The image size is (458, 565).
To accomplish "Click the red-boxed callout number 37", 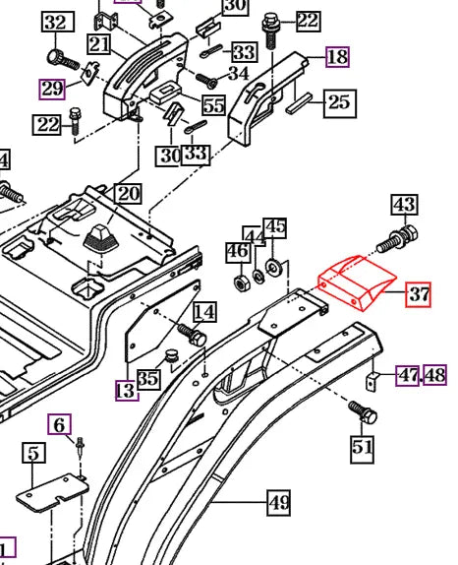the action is coord(418,294).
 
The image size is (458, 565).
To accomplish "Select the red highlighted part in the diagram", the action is coord(357,282).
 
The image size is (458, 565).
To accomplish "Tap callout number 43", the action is coord(405,205).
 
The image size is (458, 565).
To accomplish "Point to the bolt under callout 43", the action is coord(397,238).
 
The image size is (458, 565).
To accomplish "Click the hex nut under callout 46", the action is coord(240,282).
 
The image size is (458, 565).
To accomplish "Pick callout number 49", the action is coord(279,503).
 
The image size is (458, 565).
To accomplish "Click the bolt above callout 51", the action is coord(363,412).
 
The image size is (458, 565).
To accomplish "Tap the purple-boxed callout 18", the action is coord(337,57).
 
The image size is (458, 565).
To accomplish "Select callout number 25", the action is coord(340,103).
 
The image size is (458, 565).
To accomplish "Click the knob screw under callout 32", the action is coord(63,59).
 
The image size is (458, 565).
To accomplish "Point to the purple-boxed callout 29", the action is coord(52,89).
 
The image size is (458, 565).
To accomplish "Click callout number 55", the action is coord(214,105).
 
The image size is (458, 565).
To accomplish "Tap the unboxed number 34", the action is coord(239,73).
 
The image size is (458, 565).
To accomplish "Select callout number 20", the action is coord(129,194).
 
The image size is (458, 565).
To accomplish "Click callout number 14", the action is coord(205,312).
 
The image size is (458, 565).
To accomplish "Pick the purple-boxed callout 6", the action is coord(60,424).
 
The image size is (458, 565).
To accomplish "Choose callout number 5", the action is coord(33,453).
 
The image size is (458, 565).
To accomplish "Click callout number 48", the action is coord(435,375).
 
